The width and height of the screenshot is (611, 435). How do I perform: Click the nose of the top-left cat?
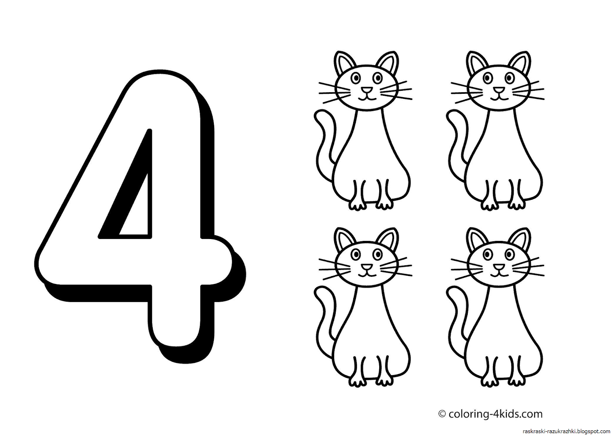[366, 90]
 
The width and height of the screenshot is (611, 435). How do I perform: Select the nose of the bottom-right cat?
[498, 266]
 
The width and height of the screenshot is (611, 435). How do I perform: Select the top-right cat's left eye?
[487, 79]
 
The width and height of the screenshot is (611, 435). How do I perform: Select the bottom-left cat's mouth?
[366, 274]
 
